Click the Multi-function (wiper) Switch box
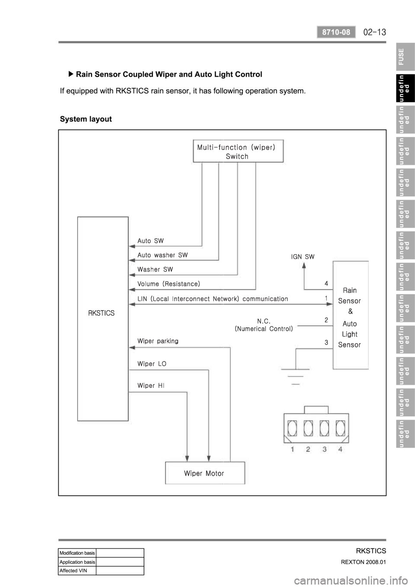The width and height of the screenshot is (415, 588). pyautogui.click(x=238, y=151)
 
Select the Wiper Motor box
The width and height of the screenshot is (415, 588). pyautogui.click(x=205, y=473)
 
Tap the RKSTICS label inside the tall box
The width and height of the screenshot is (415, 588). pyautogui.click(x=101, y=313)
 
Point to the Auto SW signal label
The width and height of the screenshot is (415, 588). pyautogui.click(x=150, y=241)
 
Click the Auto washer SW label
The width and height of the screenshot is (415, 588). pyautogui.click(x=163, y=255)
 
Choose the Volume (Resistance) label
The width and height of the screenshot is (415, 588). pyautogui.click(x=169, y=284)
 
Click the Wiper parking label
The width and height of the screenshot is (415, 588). pyautogui.click(x=157, y=341)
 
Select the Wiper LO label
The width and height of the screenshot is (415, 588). pyautogui.click(x=152, y=364)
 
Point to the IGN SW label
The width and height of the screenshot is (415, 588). pyautogui.click(x=303, y=256)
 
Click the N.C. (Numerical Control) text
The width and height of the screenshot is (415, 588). pyautogui.click(x=264, y=325)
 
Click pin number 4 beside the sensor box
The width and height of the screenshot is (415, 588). pyautogui.click(x=327, y=283)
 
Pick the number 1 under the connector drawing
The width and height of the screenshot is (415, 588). pyautogui.click(x=293, y=449)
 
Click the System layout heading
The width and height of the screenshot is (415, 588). pyautogui.click(x=86, y=119)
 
